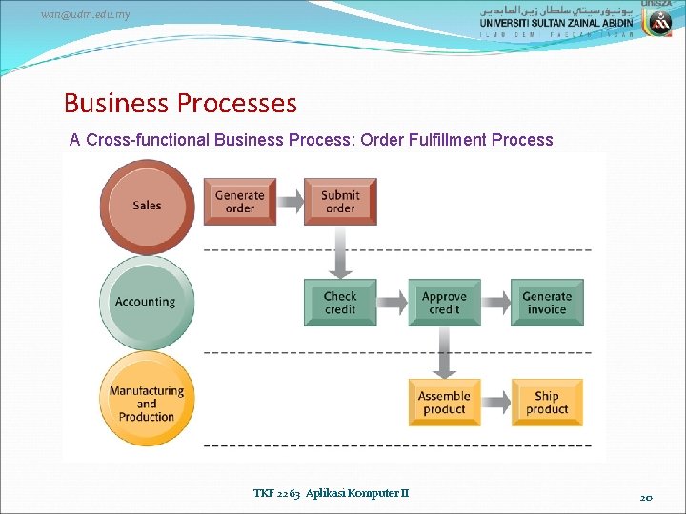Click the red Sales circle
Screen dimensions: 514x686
(x=147, y=205)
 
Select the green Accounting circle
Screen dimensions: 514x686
(x=146, y=302)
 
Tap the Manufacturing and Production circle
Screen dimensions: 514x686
(x=146, y=403)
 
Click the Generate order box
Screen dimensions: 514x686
(x=240, y=202)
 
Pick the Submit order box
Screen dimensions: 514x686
(x=340, y=202)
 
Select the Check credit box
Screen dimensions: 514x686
(x=340, y=303)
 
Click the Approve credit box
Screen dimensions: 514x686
(x=444, y=303)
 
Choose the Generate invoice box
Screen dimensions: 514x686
(x=547, y=303)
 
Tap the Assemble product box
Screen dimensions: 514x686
(x=444, y=403)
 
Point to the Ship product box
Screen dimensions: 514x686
(x=547, y=403)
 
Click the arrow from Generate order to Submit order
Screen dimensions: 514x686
(x=290, y=202)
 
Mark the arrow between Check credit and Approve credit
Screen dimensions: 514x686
(x=393, y=303)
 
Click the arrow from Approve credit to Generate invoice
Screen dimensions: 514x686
(x=495, y=303)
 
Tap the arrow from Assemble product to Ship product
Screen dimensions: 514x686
(x=495, y=403)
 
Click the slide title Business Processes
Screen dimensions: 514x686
(x=180, y=103)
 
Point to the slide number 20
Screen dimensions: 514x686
(x=646, y=496)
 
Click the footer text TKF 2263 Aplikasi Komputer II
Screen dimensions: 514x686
(x=331, y=493)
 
